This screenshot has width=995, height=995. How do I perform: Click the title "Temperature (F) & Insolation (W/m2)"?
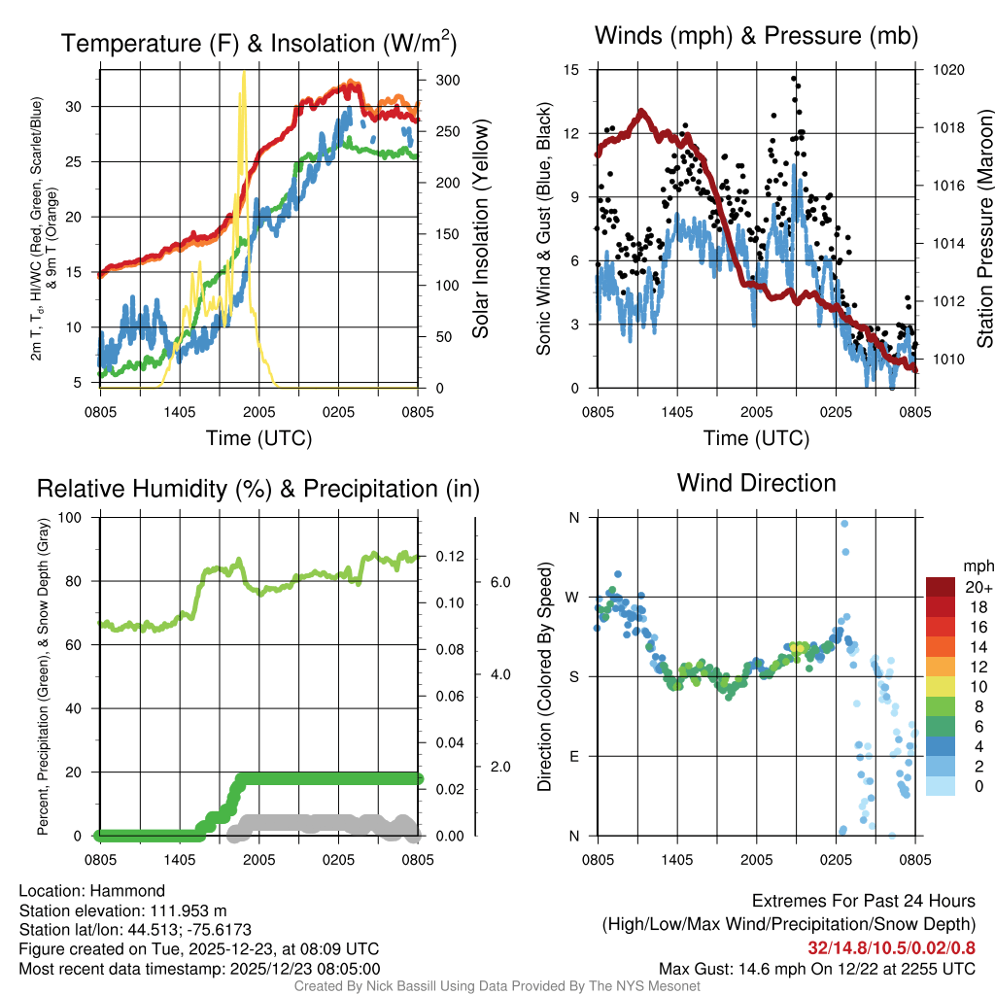tap(258, 43)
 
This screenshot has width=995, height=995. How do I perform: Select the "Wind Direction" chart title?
tap(756, 483)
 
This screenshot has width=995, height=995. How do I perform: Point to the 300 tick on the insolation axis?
tap(448, 80)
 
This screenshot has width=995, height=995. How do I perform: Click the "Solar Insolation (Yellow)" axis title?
tap(480, 229)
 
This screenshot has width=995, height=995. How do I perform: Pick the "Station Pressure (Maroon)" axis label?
tap(984, 229)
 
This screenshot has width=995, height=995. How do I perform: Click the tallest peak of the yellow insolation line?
tap(244, 74)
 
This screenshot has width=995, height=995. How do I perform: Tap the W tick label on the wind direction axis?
tap(573, 597)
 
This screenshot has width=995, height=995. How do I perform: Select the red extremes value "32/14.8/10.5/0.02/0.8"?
tap(891, 947)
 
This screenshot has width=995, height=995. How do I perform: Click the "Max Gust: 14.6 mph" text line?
tap(816, 969)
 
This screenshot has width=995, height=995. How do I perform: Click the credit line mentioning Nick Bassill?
tap(497, 986)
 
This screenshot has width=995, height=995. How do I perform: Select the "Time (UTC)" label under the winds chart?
tap(756, 438)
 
